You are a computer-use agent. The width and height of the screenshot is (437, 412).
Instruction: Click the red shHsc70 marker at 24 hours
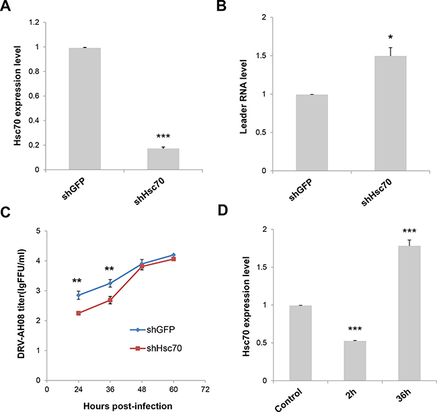(x=79, y=313)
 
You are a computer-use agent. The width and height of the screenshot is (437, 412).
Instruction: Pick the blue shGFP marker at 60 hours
(x=175, y=255)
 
